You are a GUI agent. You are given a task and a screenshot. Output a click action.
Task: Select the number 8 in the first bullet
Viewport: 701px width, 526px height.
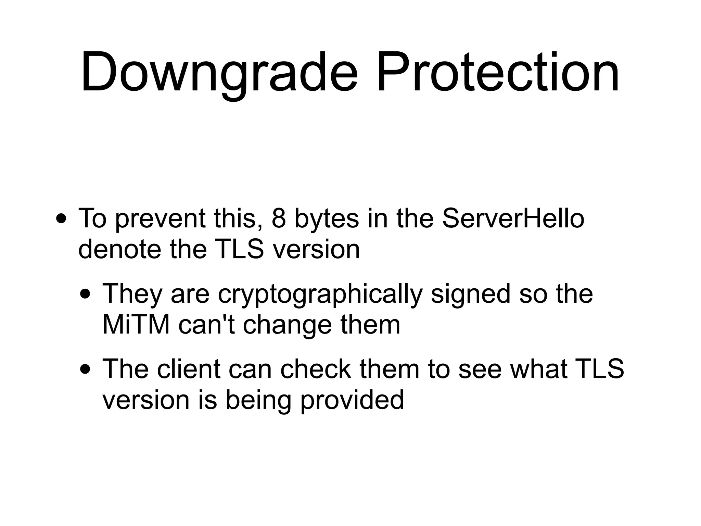coord(279,218)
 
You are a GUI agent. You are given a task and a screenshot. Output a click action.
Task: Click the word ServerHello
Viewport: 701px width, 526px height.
coord(513,218)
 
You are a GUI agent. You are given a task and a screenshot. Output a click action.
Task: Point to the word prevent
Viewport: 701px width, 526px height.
coord(160,219)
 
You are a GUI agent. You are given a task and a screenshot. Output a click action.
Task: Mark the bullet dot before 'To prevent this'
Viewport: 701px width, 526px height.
coord(61,219)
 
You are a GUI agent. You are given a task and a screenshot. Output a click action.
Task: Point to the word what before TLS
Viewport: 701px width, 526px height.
coord(538,369)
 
